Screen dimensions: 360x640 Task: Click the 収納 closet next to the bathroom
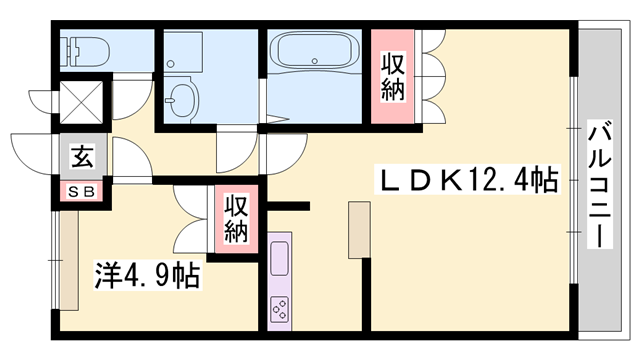pyautogui.click(x=393, y=76)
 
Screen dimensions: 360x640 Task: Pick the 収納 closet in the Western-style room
pyautogui.click(x=235, y=217)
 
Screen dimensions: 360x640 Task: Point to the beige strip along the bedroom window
pyautogui.click(x=69, y=261)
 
